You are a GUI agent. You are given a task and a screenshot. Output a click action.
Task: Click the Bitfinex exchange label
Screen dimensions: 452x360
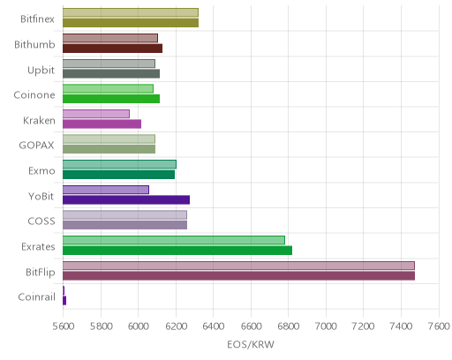[37, 19]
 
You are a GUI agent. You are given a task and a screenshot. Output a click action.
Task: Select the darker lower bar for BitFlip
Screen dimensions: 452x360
[238, 276]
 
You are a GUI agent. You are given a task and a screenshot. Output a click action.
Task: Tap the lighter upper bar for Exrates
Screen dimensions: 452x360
[174, 240]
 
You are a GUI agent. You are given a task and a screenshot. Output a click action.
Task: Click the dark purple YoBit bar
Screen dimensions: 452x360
[126, 200]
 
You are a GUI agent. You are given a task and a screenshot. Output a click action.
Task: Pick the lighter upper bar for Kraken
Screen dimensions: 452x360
[96, 114]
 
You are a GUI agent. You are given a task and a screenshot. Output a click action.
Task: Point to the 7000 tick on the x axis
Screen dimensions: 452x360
[326, 326]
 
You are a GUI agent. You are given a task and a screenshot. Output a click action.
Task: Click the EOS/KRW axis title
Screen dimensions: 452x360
[251, 344]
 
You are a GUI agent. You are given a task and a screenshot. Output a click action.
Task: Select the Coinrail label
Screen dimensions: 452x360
[37, 297]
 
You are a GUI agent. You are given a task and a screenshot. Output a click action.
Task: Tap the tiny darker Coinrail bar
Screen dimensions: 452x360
[64, 301]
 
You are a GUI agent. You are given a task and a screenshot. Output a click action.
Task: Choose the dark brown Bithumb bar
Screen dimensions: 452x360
[112, 49]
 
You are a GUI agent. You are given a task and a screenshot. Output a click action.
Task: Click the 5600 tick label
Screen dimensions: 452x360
[63, 326]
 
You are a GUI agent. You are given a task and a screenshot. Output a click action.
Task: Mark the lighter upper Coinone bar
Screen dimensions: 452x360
[108, 88]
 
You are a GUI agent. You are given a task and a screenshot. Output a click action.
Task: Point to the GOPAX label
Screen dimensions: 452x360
[36, 146]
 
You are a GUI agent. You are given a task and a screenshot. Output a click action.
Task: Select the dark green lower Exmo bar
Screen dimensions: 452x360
[118, 175]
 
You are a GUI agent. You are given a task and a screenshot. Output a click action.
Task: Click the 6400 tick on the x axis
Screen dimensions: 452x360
[214, 326]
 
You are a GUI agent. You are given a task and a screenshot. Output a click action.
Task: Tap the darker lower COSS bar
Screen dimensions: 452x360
[124, 225]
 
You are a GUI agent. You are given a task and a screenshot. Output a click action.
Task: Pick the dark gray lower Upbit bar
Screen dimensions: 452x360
[111, 74]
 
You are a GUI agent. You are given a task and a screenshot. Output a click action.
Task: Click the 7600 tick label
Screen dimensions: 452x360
[439, 326]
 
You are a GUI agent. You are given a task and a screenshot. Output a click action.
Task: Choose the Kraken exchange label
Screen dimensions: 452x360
[39, 121]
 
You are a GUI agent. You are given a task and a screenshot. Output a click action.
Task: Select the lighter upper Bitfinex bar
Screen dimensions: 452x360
[131, 12]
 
